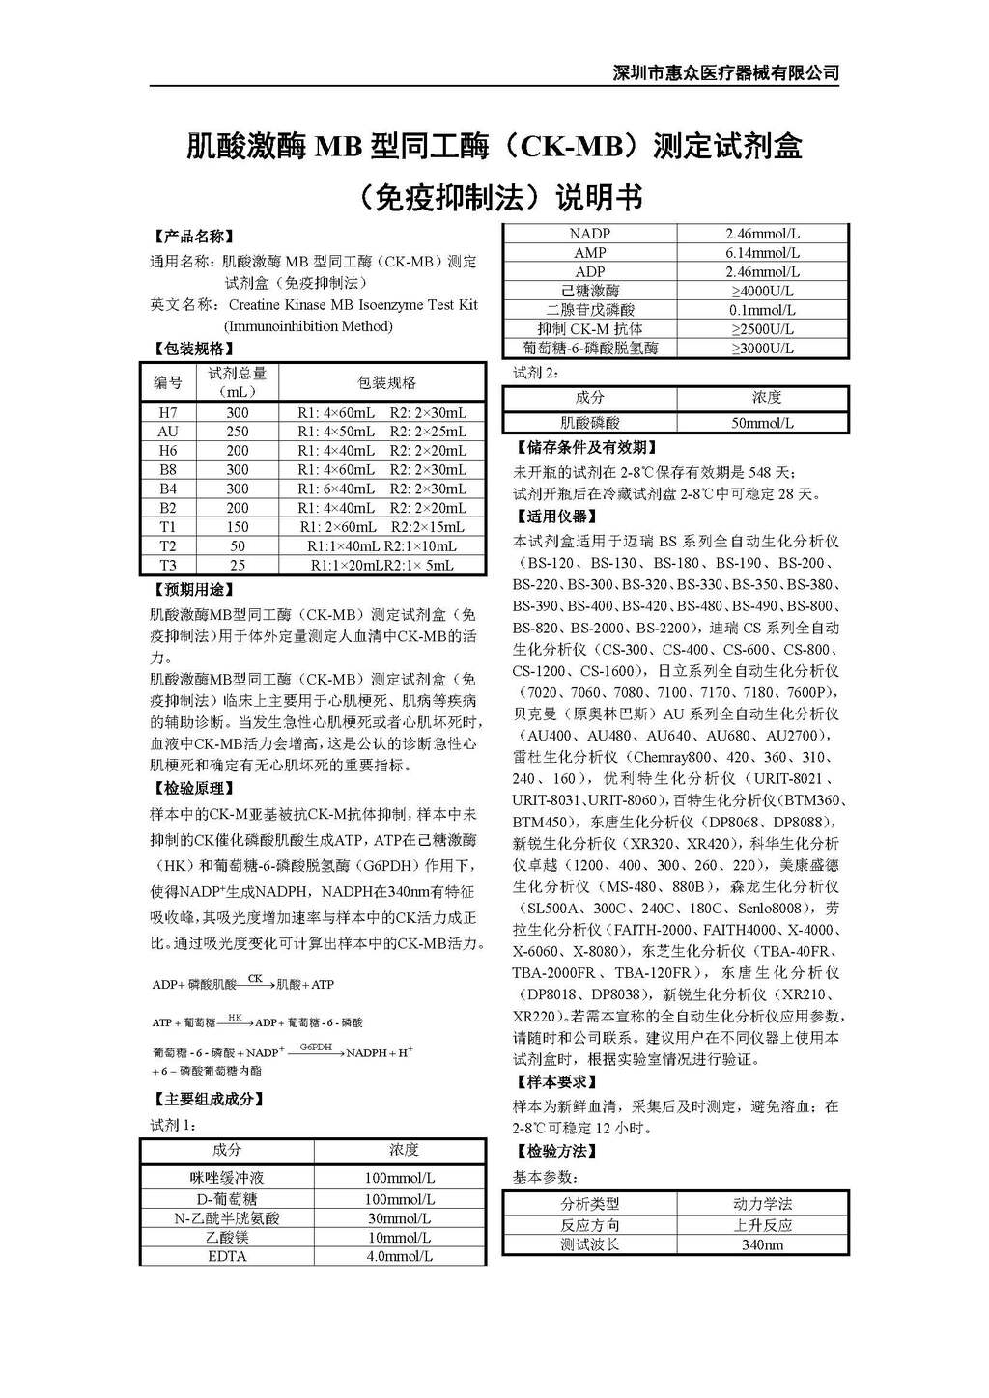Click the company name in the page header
tap(726, 72)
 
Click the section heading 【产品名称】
tap(194, 237)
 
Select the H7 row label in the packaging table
tap(168, 412)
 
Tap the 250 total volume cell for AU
tap(238, 432)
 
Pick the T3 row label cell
tap(168, 565)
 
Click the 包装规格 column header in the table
tap(386, 382)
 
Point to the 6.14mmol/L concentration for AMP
tap(762, 252)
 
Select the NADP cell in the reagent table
tap(589, 234)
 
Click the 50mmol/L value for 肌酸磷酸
tap(762, 423)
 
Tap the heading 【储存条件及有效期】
tap(587, 448)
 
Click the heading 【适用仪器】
tap(557, 517)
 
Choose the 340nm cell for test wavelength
tap(762, 1244)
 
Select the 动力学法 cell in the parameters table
tap(762, 1204)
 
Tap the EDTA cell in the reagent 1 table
tap(227, 1256)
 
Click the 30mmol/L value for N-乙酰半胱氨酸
tap(399, 1218)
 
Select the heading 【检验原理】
tap(194, 789)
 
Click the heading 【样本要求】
tap(557, 1082)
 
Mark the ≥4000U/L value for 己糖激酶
tap(762, 291)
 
